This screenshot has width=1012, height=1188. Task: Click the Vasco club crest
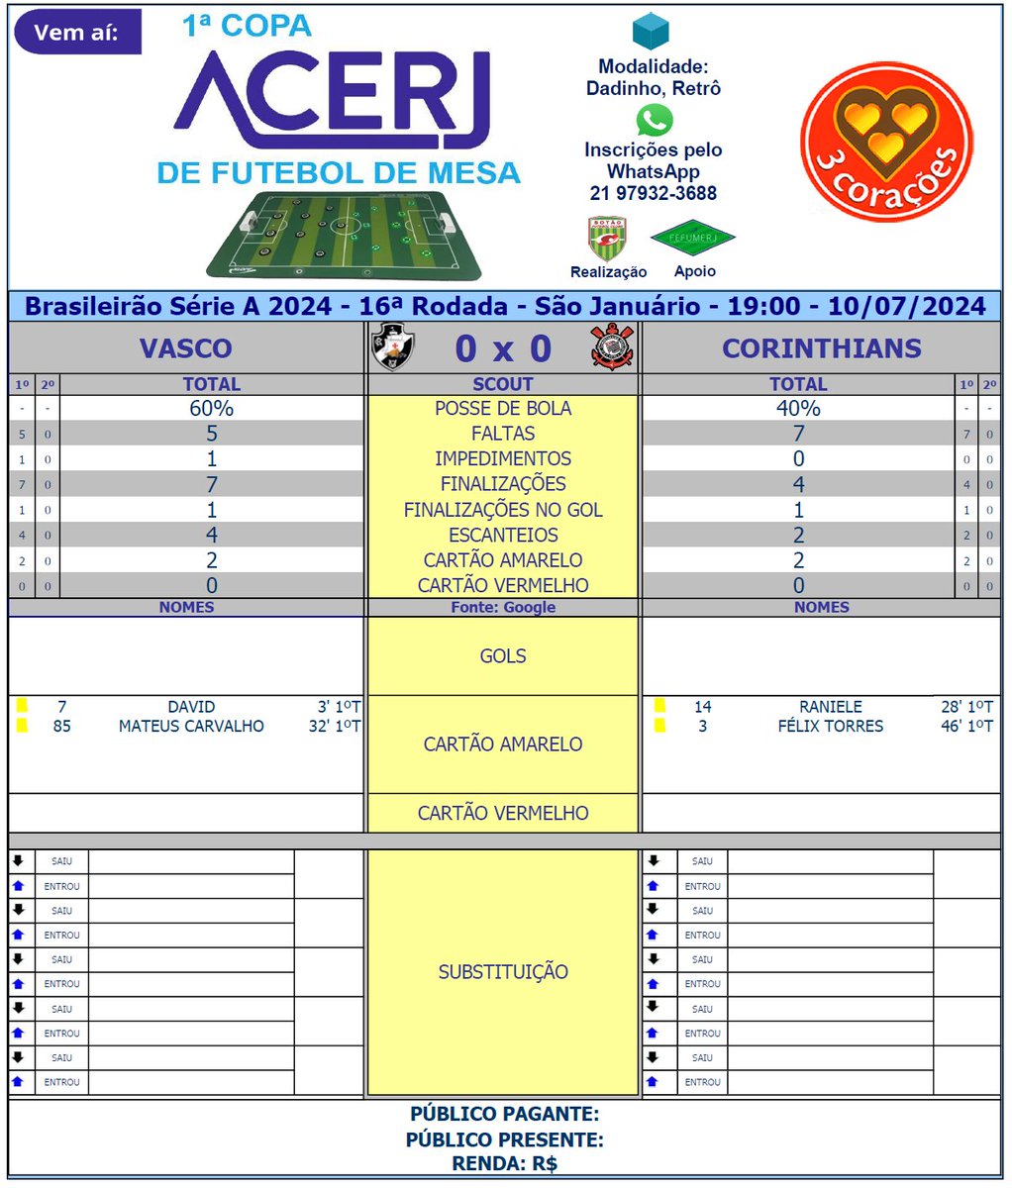tap(392, 348)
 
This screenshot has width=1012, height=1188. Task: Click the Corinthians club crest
tap(611, 348)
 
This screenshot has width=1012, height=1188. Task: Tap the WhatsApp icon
tap(654, 120)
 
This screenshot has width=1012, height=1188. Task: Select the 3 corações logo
tap(886, 141)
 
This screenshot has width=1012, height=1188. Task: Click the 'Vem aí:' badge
tap(77, 32)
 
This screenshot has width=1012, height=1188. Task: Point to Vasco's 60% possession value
tap(211, 408)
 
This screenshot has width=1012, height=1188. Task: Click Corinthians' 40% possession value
tap(798, 408)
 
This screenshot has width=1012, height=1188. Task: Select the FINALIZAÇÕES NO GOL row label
tap(503, 510)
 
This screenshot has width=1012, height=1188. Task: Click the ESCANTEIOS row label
tap(503, 535)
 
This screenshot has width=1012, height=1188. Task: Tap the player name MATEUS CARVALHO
tap(191, 726)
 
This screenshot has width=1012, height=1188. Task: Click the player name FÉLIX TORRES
tap(830, 726)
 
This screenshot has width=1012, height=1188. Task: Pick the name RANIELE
tap(830, 707)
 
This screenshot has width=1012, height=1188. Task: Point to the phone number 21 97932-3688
tap(654, 193)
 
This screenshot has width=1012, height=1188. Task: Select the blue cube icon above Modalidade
tap(652, 33)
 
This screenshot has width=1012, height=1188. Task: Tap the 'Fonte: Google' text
tap(503, 607)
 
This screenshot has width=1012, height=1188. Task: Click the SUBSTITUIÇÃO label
tap(503, 971)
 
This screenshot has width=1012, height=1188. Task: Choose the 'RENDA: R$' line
tap(504, 1164)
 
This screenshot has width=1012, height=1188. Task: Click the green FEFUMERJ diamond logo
tap(693, 238)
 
